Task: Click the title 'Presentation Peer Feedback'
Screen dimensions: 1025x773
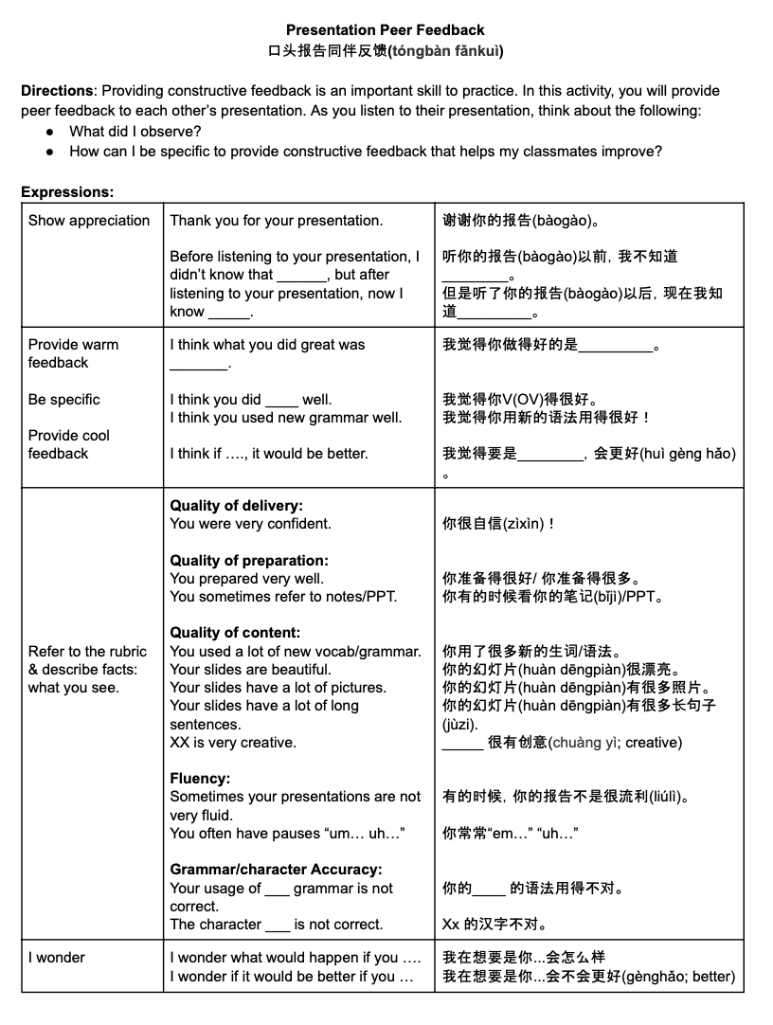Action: click(x=386, y=30)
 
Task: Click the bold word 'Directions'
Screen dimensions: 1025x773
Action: click(x=57, y=91)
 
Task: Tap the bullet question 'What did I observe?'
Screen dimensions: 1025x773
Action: click(x=135, y=131)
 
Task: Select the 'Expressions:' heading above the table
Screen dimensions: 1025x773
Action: click(x=67, y=191)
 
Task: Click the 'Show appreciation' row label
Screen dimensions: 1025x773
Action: click(x=89, y=221)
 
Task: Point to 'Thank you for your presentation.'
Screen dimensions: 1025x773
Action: click(x=277, y=221)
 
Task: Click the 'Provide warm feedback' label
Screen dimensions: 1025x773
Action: click(x=73, y=353)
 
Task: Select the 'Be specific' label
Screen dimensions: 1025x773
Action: click(x=63, y=400)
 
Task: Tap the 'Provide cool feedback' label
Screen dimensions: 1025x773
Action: click(x=68, y=444)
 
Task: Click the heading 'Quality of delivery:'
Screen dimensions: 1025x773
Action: click(x=237, y=506)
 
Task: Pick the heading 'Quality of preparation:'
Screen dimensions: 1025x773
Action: click(x=249, y=560)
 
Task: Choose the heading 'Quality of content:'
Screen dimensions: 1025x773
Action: click(x=235, y=633)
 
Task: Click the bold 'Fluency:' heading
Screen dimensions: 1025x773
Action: click(x=199, y=779)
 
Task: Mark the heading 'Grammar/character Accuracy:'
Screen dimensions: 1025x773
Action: click(x=276, y=870)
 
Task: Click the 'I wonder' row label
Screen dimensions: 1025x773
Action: click(x=57, y=958)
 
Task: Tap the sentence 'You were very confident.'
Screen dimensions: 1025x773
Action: click(x=250, y=524)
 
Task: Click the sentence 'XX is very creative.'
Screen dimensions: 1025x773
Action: click(x=233, y=743)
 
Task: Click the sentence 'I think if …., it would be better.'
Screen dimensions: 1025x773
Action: click(x=269, y=454)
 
